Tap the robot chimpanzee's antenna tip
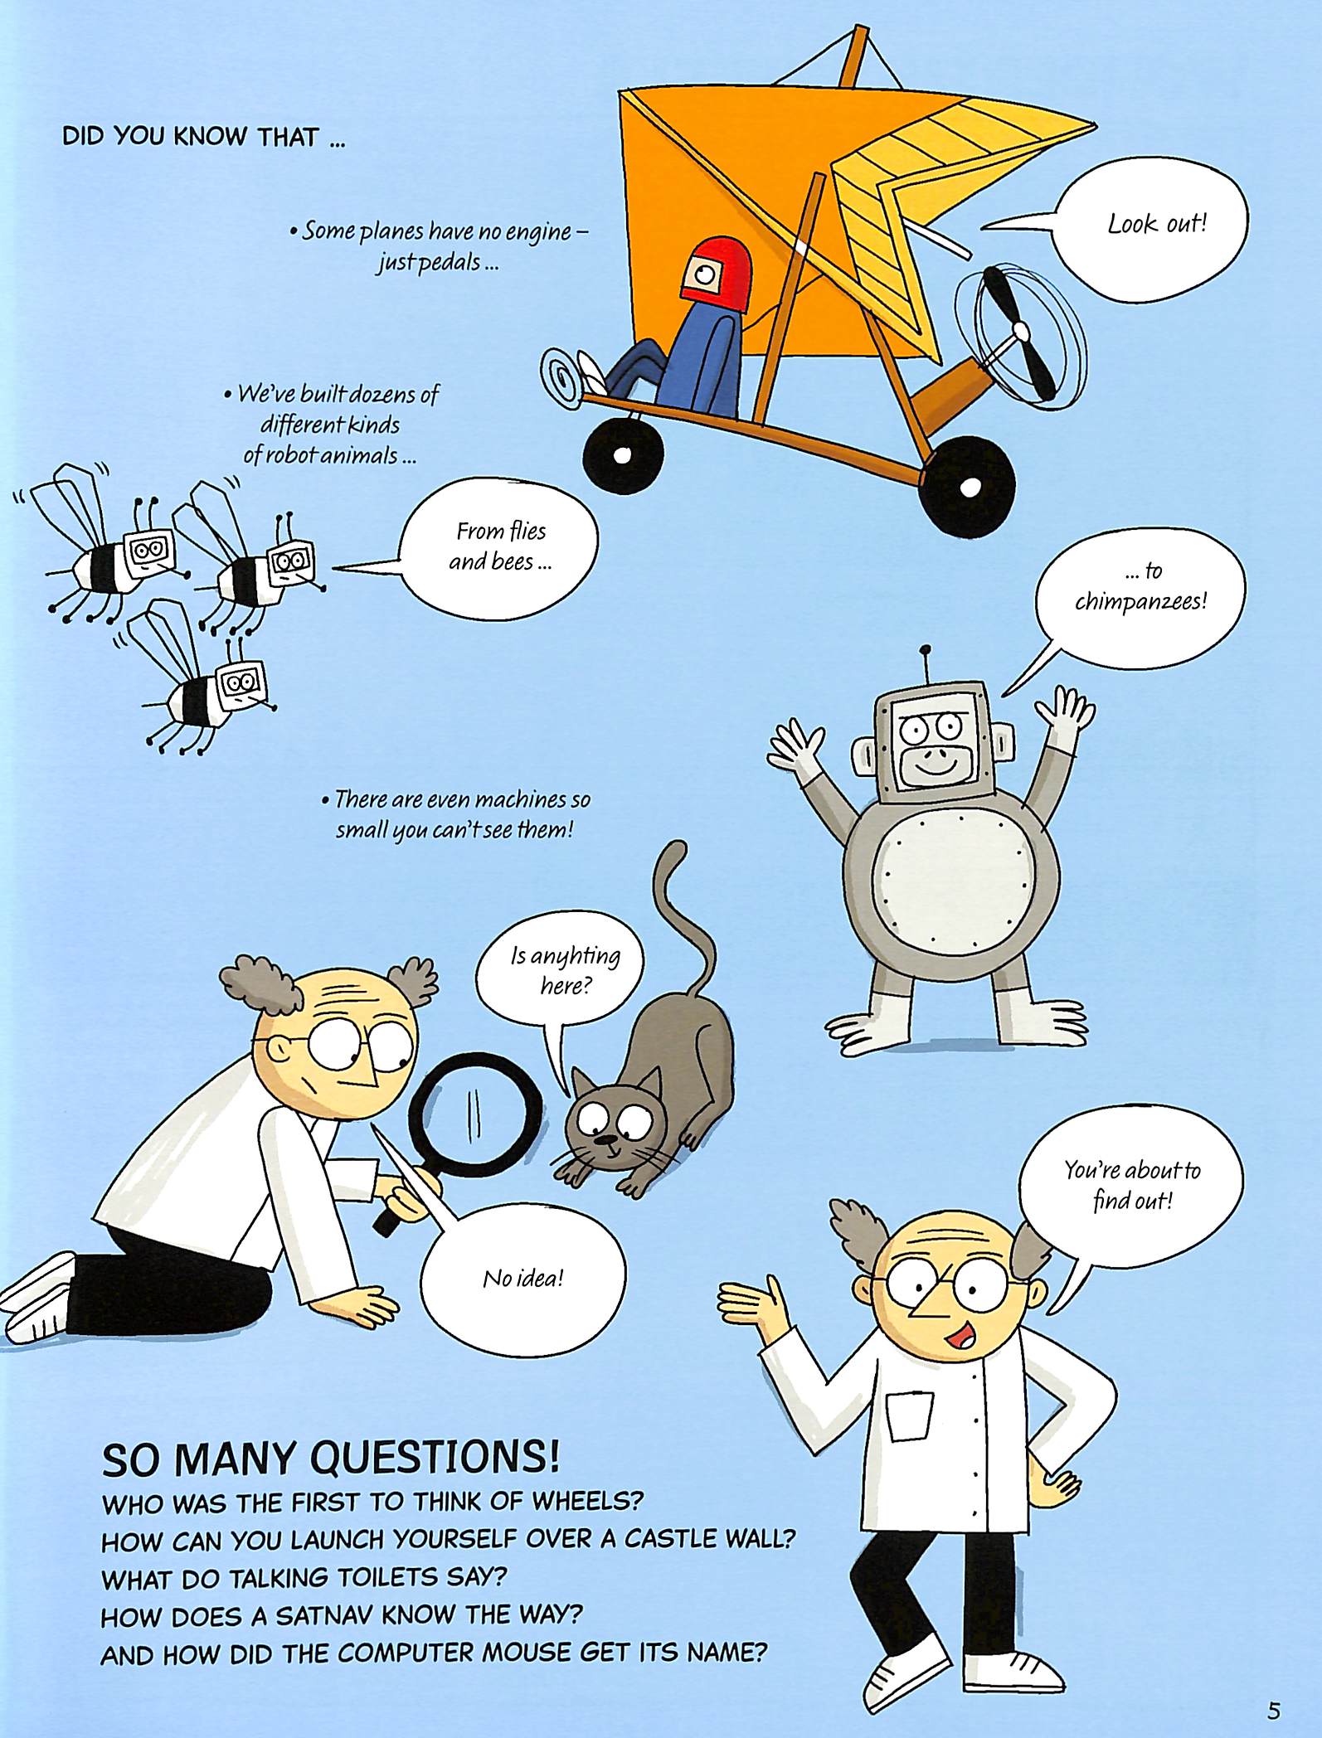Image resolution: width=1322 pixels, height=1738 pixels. click(x=926, y=651)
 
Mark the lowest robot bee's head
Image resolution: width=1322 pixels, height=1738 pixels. click(x=242, y=682)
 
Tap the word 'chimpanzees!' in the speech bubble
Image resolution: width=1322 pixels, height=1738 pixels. click(x=1140, y=600)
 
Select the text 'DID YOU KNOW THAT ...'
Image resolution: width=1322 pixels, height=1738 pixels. click(x=203, y=137)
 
